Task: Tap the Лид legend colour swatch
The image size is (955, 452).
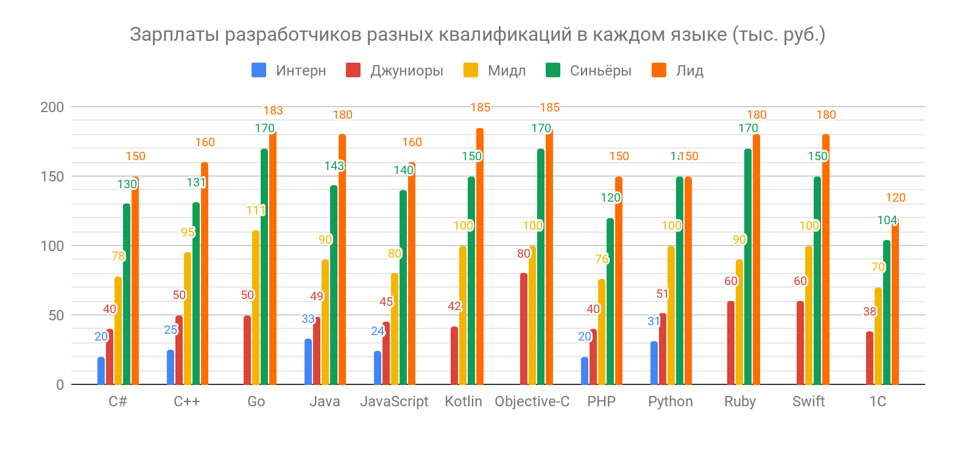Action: coord(659,71)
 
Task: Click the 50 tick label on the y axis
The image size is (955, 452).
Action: coord(56,316)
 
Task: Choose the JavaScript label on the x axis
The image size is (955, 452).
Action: coord(394,402)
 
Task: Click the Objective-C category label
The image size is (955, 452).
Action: coord(532,402)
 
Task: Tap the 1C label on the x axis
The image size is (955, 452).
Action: coord(877,402)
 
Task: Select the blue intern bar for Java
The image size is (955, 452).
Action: coord(308,362)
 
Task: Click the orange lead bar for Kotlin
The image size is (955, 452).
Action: coord(480,256)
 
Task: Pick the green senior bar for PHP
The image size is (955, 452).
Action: coord(610,302)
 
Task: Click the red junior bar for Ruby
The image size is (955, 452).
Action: coord(731,343)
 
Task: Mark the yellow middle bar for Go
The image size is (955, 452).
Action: coord(256,308)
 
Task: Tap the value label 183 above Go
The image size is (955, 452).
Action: coord(273,111)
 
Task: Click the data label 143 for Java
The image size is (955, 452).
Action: coord(334,166)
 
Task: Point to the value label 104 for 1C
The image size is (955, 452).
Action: coord(887,221)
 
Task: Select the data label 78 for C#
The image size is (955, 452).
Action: coord(118,256)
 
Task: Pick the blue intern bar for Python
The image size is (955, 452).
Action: coord(654,363)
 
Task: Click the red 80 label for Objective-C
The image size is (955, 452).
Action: coord(524,254)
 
